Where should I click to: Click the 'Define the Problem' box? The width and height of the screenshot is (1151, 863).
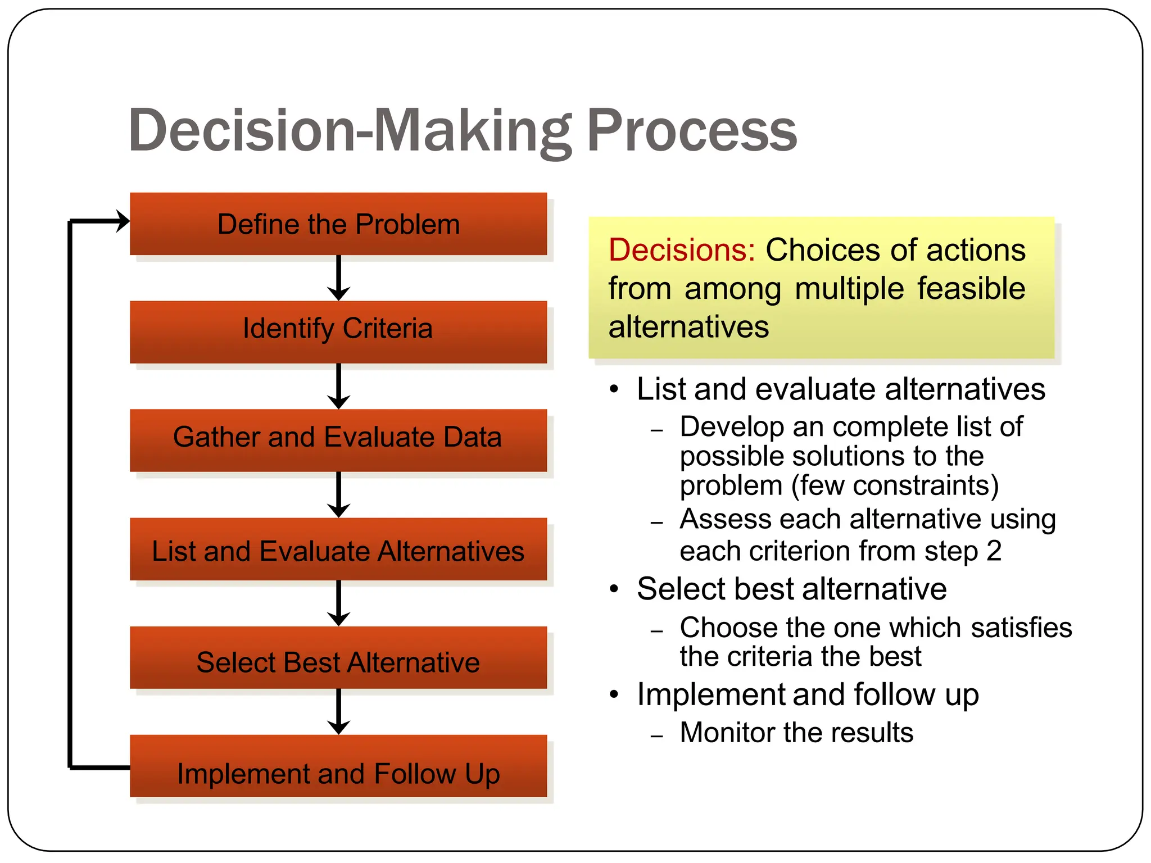[x=338, y=224]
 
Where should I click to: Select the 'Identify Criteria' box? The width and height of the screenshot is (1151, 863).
[x=338, y=331]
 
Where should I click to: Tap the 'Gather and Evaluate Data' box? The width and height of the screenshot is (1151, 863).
[x=338, y=440]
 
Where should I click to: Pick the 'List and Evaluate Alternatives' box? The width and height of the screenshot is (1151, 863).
[x=338, y=549]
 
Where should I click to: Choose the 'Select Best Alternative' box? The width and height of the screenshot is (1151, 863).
[x=338, y=657]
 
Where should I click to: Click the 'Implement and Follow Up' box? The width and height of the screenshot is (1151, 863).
[x=338, y=766]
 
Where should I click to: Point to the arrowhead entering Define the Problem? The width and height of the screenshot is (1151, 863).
[x=123, y=221]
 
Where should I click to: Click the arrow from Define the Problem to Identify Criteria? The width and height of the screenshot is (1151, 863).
[x=338, y=278]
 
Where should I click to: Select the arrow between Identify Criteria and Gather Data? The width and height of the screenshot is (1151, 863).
[x=338, y=387]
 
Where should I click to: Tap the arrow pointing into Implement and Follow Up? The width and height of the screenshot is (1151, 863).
[x=338, y=712]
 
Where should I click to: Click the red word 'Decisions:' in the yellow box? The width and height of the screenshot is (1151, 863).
[x=681, y=250]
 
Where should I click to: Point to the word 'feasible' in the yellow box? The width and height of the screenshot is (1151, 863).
[x=971, y=289]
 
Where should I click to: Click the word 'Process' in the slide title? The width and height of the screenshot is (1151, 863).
[x=691, y=130]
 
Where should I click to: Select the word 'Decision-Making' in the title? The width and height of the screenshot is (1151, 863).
[x=350, y=130]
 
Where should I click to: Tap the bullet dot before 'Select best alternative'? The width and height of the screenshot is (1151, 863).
[x=614, y=589]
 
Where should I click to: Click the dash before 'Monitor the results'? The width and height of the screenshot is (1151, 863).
[x=656, y=735]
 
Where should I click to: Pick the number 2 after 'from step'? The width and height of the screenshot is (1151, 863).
[x=994, y=551]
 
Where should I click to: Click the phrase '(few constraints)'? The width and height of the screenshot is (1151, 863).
[x=895, y=485]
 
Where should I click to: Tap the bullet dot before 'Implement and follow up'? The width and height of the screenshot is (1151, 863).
[x=614, y=694]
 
